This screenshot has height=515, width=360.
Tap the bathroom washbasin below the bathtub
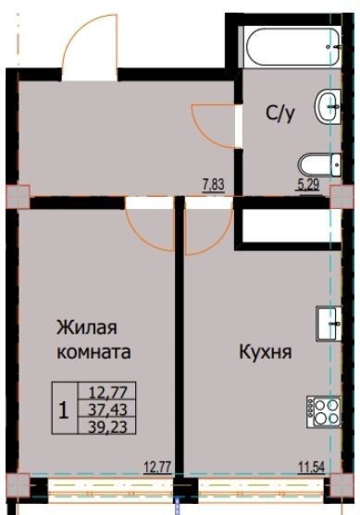(x=328, y=106)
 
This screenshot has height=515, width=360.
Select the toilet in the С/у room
(x=319, y=166)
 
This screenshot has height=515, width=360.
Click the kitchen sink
(x=329, y=324)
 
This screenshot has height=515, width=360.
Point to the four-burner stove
(x=324, y=411)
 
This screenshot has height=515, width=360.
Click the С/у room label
(x=280, y=114)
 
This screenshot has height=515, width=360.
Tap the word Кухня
(x=266, y=352)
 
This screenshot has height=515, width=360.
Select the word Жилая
(x=86, y=327)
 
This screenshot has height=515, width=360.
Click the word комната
(x=93, y=352)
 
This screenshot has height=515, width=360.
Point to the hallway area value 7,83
(x=214, y=185)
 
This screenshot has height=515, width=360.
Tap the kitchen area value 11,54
(x=311, y=466)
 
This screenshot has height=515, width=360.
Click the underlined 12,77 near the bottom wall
(x=158, y=466)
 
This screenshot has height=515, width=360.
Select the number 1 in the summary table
(x=64, y=411)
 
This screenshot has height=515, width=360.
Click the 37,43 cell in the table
(x=107, y=410)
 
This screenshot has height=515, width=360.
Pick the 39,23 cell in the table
(x=107, y=426)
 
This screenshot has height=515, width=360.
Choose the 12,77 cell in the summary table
(x=107, y=392)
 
